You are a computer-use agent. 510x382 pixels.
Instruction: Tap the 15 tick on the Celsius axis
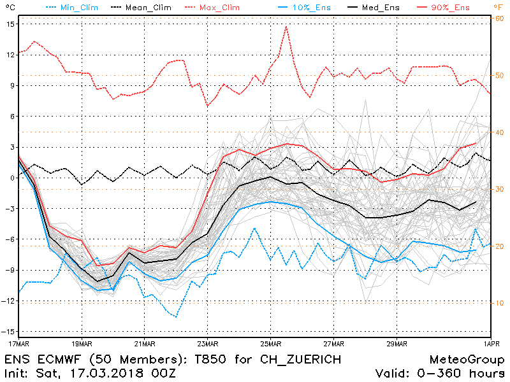click(x=11, y=24)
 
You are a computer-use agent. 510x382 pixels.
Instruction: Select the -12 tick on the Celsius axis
click(x=9, y=301)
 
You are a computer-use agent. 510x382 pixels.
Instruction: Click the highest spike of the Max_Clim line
click(x=286, y=27)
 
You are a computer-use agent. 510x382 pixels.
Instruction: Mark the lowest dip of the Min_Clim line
click(x=175, y=316)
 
